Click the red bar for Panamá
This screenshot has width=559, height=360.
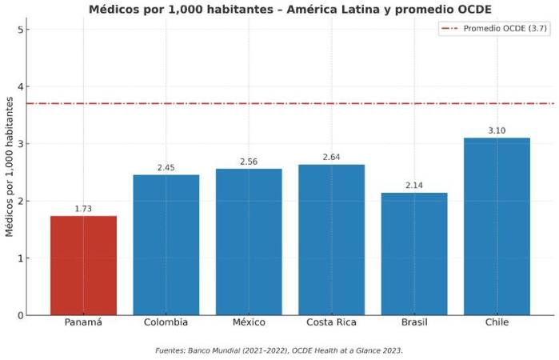coord(83,265)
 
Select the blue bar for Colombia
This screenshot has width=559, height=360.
coord(166,245)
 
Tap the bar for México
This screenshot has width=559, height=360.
coord(249,242)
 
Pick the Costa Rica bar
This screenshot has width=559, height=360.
coord(331,239)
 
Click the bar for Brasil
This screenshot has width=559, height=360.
coord(414,254)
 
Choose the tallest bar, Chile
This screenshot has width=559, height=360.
coord(497,226)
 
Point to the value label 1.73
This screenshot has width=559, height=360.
coord(83,209)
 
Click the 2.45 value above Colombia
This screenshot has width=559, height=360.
coord(166,168)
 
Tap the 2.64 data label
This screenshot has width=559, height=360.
coord(331,157)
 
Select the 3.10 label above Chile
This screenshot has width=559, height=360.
coord(497,130)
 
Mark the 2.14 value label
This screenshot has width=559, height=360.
coord(414,186)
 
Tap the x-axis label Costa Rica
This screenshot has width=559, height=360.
coord(331,322)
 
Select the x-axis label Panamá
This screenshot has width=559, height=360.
coord(83,322)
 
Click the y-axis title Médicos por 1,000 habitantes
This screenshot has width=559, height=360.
coord(10,166)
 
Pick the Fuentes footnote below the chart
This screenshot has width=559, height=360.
coord(279,350)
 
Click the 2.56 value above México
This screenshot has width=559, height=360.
coord(249,162)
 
